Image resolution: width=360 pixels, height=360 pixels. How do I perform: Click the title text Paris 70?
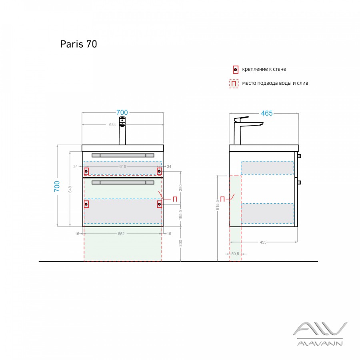(x=78, y=44)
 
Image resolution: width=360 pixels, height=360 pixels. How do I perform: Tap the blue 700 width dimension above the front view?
(x=122, y=113)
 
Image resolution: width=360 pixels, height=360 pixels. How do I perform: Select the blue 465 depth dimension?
(x=267, y=113)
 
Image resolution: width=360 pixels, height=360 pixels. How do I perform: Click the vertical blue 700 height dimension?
(x=57, y=186)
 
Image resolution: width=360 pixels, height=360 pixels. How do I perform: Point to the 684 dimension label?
(x=112, y=125)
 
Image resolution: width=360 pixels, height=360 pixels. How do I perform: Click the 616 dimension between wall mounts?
(x=122, y=166)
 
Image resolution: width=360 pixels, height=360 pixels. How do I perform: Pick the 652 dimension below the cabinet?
(x=122, y=234)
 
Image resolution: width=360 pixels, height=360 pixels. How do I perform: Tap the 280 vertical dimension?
(x=180, y=187)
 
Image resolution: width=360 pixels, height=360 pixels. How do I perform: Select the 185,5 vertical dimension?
(x=180, y=216)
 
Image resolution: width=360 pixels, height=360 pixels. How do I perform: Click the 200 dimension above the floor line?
(x=180, y=244)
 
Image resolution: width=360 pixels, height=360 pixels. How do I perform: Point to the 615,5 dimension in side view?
(x=218, y=204)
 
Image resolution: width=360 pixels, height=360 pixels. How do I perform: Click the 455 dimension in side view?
(x=263, y=242)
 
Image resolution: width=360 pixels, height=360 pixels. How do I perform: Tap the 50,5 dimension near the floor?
(x=235, y=254)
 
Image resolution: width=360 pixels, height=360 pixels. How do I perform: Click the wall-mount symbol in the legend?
(x=236, y=70)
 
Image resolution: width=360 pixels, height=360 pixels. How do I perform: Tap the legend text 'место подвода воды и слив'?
(x=275, y=83)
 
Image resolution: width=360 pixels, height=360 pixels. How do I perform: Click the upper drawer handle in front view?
(x=123, y=155)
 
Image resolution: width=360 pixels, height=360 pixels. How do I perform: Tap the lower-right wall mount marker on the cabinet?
(x=159, y=204)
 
